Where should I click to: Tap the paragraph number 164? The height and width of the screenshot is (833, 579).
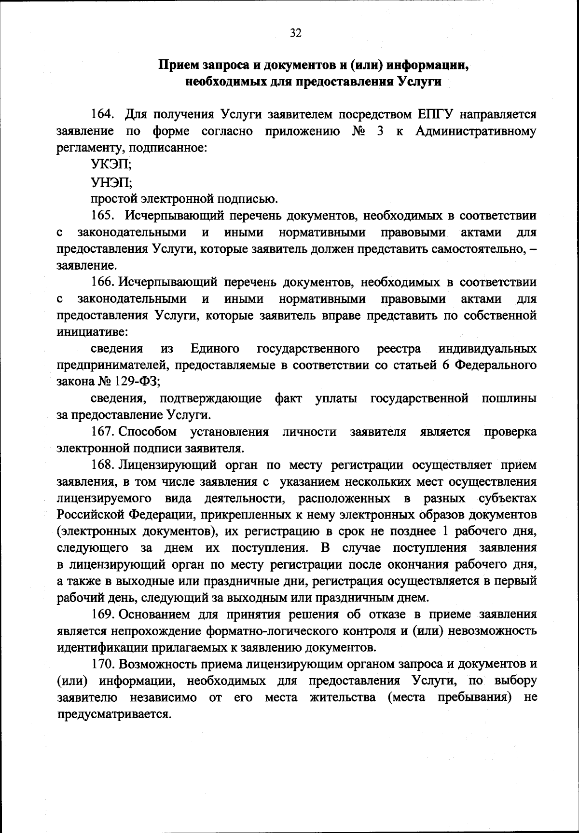tap(102, 115)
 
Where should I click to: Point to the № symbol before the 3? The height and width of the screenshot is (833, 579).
tap(359, 131)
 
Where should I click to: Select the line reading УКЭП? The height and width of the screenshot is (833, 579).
tap(111, 164)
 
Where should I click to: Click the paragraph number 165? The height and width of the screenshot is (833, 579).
tap(102, 215)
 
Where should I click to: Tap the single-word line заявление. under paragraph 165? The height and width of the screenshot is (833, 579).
tap(86, 265)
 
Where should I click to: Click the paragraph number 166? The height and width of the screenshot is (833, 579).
tap(102, 282)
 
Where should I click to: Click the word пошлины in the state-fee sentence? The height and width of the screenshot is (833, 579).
tap(509, 398)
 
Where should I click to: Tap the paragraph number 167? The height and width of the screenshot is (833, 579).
tap(102, 431)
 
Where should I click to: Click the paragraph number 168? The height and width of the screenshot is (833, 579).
tap(102, 465)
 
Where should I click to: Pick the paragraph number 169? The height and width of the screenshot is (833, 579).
tap(102, 615)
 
